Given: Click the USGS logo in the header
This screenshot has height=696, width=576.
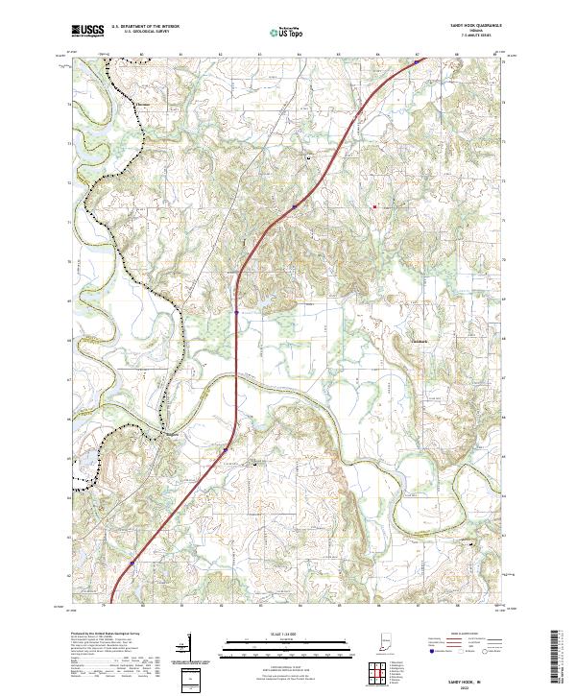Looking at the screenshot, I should click(x=87, y=32).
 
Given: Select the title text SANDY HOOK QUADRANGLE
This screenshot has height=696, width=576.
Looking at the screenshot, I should click(x=473, y=25).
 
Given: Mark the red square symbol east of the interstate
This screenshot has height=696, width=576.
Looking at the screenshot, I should click(x=374, y=204).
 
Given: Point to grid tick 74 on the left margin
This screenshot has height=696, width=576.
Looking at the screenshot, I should click(x=68, y=100).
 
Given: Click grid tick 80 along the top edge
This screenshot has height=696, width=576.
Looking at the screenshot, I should click(x=141, y=55).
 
